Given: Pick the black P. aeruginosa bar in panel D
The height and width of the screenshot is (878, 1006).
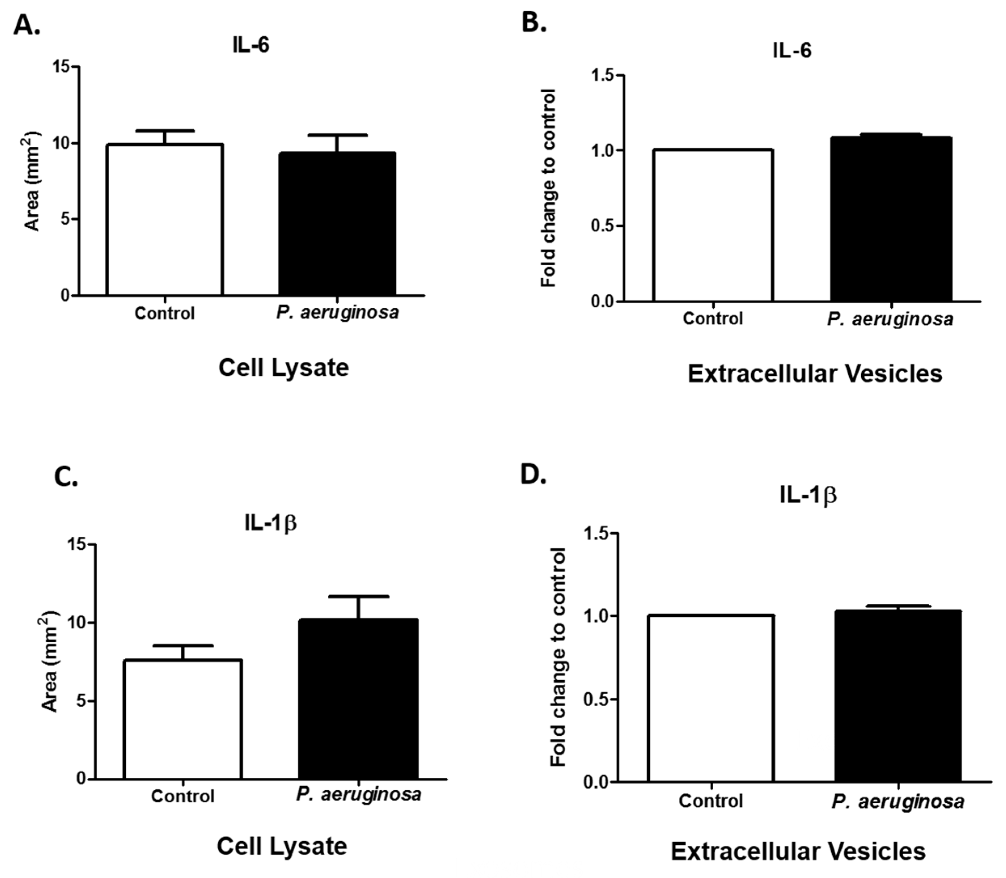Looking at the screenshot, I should click(898, 696).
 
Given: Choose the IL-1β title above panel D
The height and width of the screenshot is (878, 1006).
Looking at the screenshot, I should click(808, 496).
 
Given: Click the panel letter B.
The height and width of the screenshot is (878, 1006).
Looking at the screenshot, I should click(533, 22).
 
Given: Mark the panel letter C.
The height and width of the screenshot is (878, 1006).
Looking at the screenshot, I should click(66, 476).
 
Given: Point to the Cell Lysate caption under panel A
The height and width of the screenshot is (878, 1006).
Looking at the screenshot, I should click(283, 368).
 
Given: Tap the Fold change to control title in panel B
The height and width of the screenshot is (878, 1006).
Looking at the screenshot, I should click(549, 188).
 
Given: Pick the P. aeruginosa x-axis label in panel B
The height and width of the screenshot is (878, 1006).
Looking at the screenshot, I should click(890, 319).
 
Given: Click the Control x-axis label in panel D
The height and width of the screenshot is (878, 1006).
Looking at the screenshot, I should click(711, 801).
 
